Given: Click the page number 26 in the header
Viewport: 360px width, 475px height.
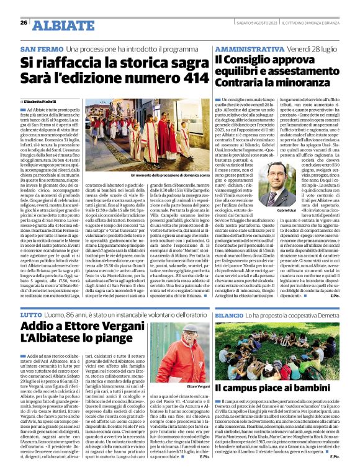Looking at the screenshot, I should (x=24, y=23).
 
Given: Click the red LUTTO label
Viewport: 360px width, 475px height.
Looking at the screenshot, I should (x=32, y=316).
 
